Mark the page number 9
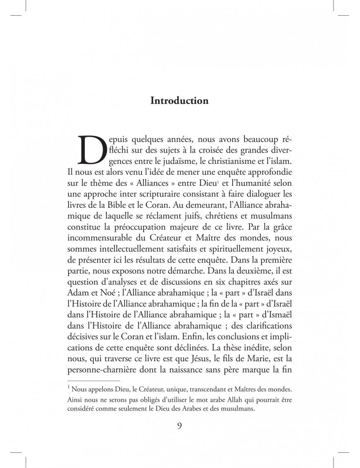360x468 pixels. [180, 426]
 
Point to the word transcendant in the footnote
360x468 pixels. [213, 390]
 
